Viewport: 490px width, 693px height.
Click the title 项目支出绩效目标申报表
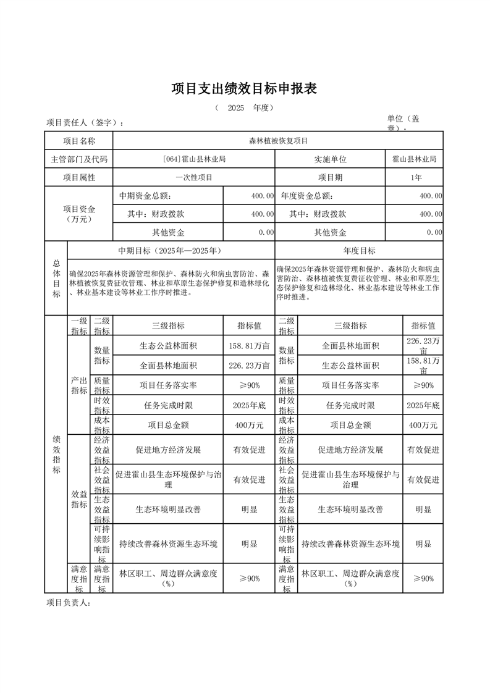click(244, 89)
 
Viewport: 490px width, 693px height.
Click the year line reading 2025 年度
click(244, 107)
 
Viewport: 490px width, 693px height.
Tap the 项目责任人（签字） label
click(85, 122)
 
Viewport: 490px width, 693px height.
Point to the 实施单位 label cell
click(330, 159)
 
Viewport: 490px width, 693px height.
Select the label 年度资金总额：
click(306, 196)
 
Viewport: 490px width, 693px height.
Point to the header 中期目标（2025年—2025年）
click(170, 250)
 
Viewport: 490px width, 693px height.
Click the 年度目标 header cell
click(359, 250)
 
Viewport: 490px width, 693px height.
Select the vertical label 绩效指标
click(56, 454)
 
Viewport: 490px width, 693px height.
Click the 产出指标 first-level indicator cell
click(79, 385)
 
